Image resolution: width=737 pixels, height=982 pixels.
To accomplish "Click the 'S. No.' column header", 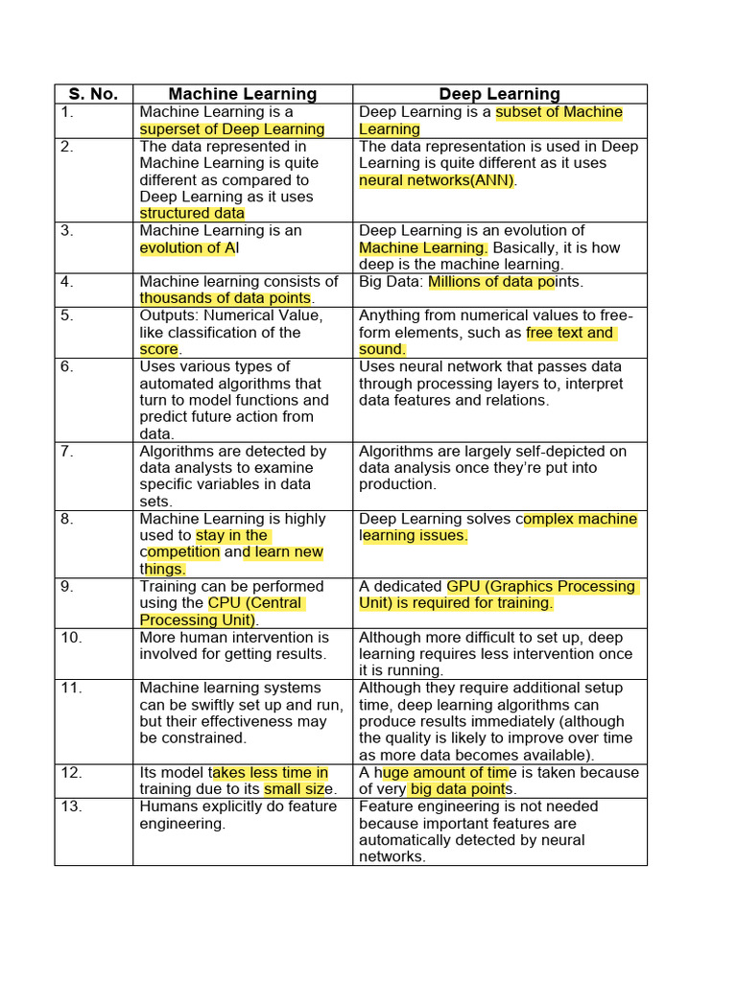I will (x=93, y=94).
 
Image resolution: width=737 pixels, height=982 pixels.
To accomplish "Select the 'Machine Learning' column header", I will (x=242, y=94).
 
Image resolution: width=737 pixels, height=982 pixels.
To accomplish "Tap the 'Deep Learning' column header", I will (x=499, y=94).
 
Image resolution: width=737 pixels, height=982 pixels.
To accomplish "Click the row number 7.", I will (x=66, y=451).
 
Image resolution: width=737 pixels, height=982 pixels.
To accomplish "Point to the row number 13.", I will (x=71, y=807).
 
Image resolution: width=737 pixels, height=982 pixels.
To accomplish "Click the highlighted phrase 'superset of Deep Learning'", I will (x=232, y=129).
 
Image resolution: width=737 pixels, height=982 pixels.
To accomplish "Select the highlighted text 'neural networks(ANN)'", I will (x=437, y=180).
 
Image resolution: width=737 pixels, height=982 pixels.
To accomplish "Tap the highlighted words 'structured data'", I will (x=192, y=214).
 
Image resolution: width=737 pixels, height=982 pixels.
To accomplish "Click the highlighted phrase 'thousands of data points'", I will (x=226, y=298).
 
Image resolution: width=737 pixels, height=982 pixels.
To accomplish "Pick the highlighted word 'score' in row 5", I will (x=159, y=350).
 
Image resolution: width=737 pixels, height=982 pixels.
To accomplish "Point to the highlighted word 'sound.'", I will (x=382, y=350).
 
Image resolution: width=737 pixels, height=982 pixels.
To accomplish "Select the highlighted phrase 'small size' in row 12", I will (x=299, y=789).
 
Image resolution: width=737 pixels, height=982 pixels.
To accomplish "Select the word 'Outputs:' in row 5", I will (x=170, y=316).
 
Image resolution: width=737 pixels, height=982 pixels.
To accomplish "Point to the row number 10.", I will (x=71, y=638).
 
